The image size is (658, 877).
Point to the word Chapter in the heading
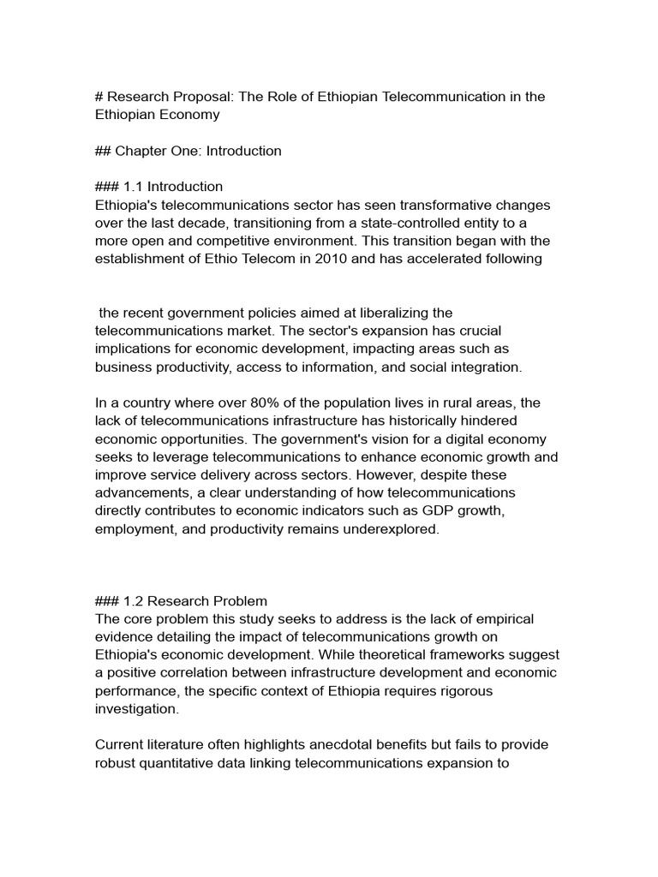click(143, 151)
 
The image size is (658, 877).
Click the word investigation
click(137, 708)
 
